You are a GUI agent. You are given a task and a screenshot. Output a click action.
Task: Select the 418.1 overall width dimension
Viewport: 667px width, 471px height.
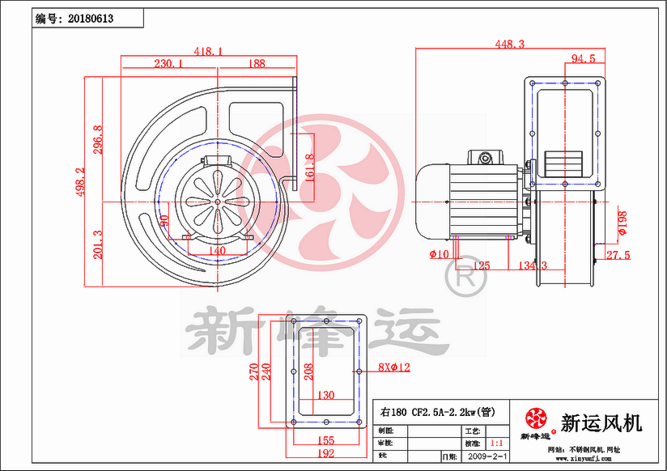click(x=208, y=51)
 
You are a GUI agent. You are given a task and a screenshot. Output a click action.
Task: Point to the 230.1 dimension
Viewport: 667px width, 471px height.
click(x=168, y=62)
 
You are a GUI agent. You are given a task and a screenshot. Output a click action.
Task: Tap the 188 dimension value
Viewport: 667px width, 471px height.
click(x=257, y=62)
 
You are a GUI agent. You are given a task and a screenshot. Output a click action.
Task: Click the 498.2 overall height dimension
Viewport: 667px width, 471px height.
click(x=81, y=182)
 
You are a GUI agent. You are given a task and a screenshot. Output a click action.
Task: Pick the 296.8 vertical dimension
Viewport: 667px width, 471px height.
click(x=98, y=139)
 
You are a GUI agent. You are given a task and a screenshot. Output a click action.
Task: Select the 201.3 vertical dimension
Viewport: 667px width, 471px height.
click(x=98, y=244)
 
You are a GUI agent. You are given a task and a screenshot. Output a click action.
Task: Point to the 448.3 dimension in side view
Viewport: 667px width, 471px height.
click(x=510, y=44)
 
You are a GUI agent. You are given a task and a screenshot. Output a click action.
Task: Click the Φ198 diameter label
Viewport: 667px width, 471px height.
click(x=622, y=222)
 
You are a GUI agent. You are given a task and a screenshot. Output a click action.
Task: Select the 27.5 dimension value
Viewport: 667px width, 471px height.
click(x=618, y=255)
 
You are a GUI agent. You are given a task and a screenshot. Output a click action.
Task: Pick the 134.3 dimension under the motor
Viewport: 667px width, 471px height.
click(x=532, y=265)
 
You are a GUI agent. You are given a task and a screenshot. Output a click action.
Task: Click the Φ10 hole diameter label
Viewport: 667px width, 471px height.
click(x=440, y=255)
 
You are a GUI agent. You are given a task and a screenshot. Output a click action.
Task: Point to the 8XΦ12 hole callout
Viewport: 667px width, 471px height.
click(x=394, y=367)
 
